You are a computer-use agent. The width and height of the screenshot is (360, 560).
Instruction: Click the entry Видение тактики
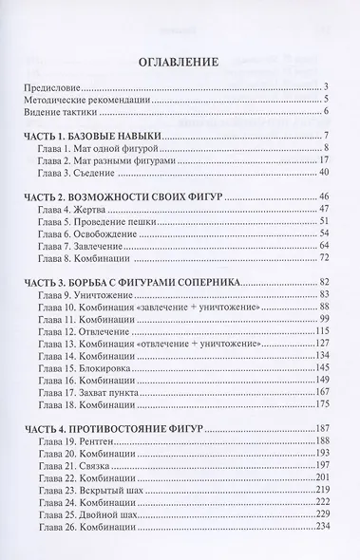tap(60, 113)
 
